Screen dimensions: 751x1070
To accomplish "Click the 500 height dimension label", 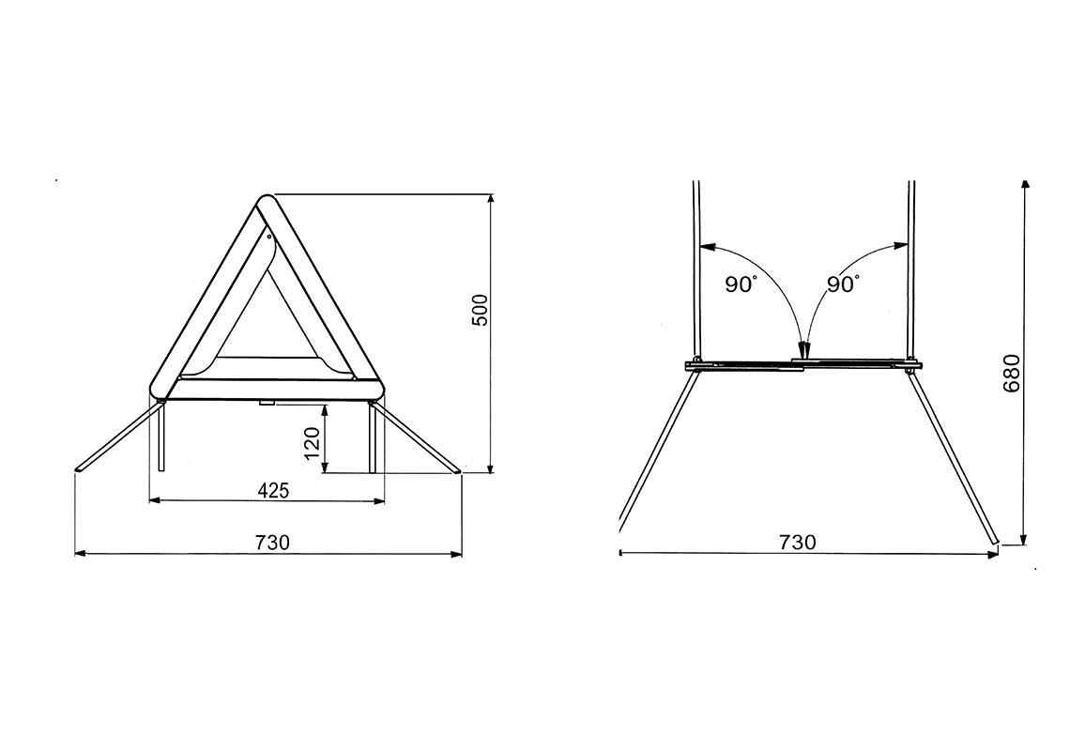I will point(480,310).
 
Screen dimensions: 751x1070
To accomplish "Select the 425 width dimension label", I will point(273,490).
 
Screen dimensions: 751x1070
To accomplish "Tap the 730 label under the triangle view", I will point(273,542).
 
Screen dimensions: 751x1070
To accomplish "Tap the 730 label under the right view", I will point(798,542).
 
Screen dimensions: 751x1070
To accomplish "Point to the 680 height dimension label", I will point(1012,373).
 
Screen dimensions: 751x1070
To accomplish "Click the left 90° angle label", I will point(741,284).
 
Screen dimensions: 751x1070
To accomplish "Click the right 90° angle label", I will point(843,284).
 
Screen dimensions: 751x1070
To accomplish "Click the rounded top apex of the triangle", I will point(267,205).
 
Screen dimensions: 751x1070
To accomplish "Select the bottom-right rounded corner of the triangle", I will point(374,388).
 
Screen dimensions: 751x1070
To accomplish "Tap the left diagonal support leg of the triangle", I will point(117,437).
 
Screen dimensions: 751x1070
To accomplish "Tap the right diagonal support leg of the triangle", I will point(419,437).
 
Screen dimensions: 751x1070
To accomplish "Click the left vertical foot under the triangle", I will point(162,437).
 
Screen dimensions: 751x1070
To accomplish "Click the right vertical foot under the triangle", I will point(374,437).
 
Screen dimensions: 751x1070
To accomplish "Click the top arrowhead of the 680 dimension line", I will point(1025,183).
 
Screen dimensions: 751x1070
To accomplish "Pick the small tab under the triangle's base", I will point(267,403).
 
